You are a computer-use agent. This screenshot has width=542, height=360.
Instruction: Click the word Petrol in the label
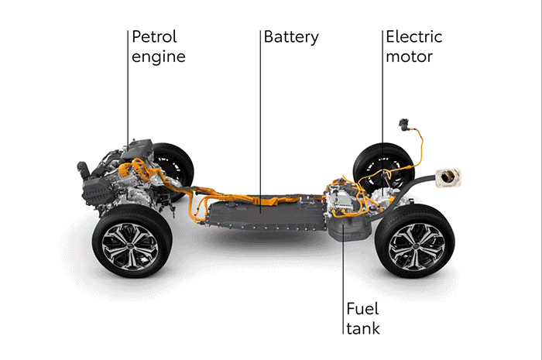(155, 37)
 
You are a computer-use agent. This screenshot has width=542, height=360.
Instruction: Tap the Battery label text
(290, 37)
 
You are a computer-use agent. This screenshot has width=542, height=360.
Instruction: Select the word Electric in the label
(414, 37)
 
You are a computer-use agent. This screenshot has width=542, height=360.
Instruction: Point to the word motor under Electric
(410, 57)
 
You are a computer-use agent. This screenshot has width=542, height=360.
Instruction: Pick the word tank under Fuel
(362, 329)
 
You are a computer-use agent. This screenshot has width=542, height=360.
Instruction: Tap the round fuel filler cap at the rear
(449, 178)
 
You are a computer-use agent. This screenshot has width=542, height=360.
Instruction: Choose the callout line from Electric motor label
(382, 93)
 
